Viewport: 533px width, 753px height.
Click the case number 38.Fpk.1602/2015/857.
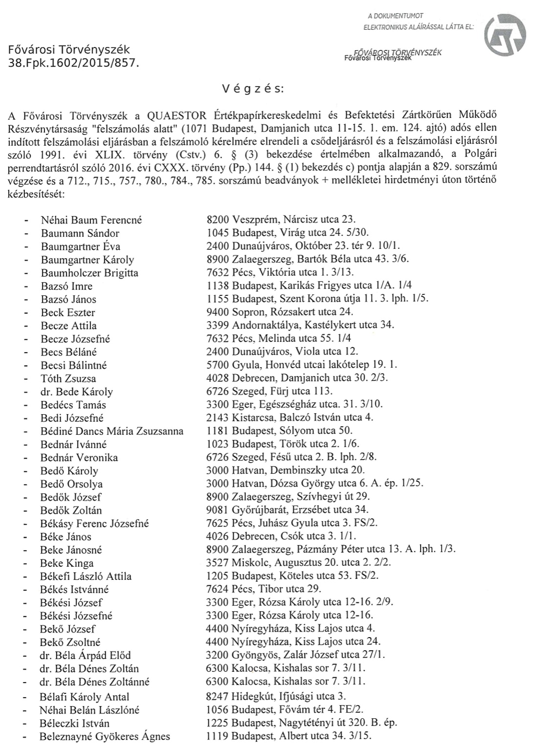pyautogui.click(x=74, y=63)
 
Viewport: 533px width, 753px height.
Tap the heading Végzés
pyautogui.click(x=252, y=89)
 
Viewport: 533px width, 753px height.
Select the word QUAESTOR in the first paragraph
pyautogui.click(x=178, y=116)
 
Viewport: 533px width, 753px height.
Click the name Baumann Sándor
pyautogui.click(x=80, y=234)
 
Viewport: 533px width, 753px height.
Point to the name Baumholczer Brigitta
pyautogui.click(x=89, y=273)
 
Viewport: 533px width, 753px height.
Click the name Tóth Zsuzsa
pyautogui.click(x=68, y=378)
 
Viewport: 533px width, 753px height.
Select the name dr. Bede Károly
pyautogui.click(x=77, y=392)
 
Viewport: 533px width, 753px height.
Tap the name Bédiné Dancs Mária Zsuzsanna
pyautogui.click(x=112, y=431)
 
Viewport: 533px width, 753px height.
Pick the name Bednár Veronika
pyautogui.click(x=79, y=458)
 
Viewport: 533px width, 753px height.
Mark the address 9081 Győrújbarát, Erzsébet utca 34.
pyautogui.click(x=288, y=510)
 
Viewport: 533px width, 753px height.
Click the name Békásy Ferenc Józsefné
pyautogui.click(x=94, y=524)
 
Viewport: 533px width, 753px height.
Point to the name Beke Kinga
pyautogui.click(x=67, y=563)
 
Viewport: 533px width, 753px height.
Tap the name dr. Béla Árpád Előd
pyautogui.click(x=86, y=655)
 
